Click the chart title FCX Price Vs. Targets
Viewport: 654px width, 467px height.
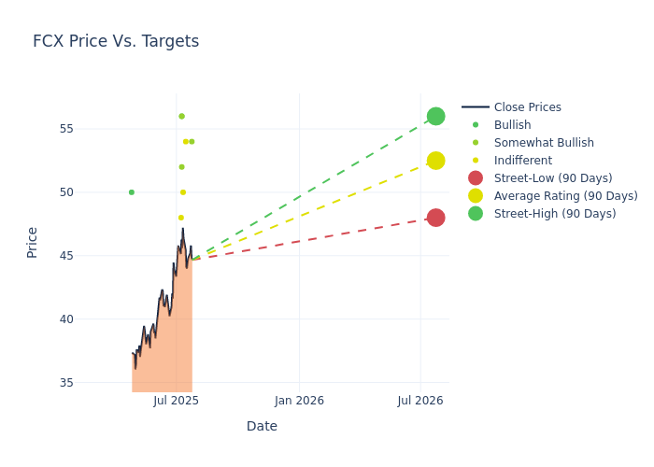click(x=116, y=41)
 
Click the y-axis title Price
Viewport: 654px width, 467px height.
click(x=33, y=242)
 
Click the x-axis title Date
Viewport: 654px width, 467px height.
click(x=262, y=426)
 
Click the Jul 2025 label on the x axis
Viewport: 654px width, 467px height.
click(x=176, y=401)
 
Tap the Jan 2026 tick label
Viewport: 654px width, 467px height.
click(x=299, y=401)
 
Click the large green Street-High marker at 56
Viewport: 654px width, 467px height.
click(x=435, y=116)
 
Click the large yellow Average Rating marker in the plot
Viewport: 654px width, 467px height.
click(x=435, y=161)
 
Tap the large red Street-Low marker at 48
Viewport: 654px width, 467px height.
click(x=435, y=218)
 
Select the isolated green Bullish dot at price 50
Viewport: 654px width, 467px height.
click(x=131, y=192)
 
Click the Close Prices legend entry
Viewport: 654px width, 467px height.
click(x=527, y=107)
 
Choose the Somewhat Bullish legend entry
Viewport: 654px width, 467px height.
click(x=544, y=143)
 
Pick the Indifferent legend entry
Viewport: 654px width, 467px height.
click(x=522, y=161)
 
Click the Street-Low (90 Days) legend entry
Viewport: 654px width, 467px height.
click(x=553, y=178)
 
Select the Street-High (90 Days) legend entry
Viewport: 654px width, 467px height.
click(x=555, y=214)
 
